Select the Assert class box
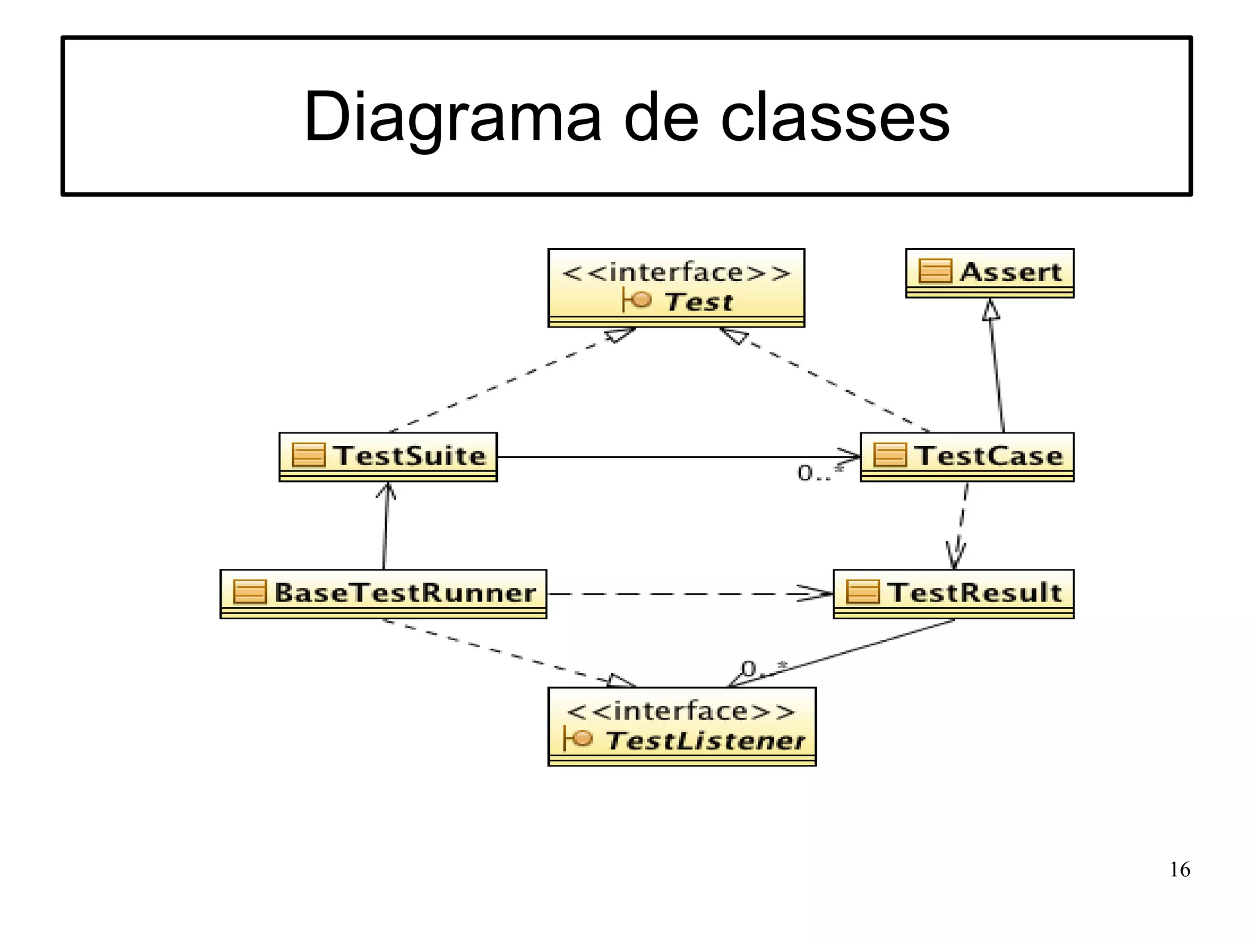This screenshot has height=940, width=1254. (989, 273)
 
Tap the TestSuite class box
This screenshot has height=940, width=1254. (388, 457)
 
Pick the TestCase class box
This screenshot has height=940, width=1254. (967, 457)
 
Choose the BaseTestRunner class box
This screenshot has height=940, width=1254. (383, 593)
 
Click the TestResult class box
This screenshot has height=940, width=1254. (953, 593)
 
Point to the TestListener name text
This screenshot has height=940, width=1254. (705, 741)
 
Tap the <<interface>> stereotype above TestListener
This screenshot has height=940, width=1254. (681, 712)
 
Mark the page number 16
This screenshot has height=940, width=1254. (1179, 870)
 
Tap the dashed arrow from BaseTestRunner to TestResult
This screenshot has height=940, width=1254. (686, 593)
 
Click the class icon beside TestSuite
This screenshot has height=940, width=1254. (308, 456)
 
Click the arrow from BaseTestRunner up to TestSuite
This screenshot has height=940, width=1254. (386, 527)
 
